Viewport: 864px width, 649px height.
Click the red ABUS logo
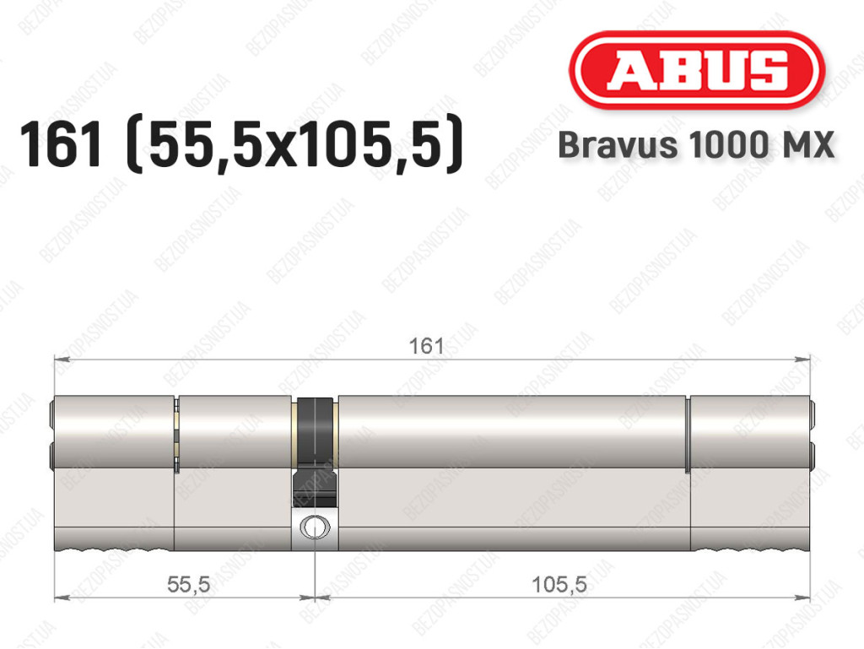pyautogui.click(x=696, y=69)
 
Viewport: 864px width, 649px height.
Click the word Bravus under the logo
pyautogui.click(x=618, y=145)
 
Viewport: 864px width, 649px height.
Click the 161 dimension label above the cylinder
pyautogui.click(x=426, y=346)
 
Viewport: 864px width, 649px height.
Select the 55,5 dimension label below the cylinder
pyautogui.click(x=188, y=584)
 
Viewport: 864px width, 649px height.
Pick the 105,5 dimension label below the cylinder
pyautogui.click(x=559, y=584)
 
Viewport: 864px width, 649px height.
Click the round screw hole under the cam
pyautogui.click(x=315, y=527)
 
